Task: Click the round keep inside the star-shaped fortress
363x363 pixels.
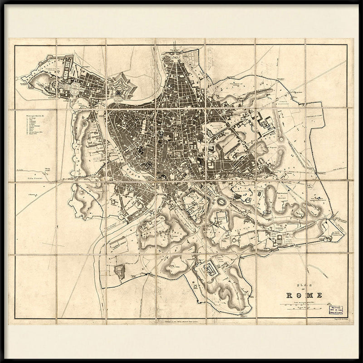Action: click(x=119, y=91)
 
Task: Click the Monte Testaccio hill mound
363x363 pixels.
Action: click(x=120, y=271)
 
